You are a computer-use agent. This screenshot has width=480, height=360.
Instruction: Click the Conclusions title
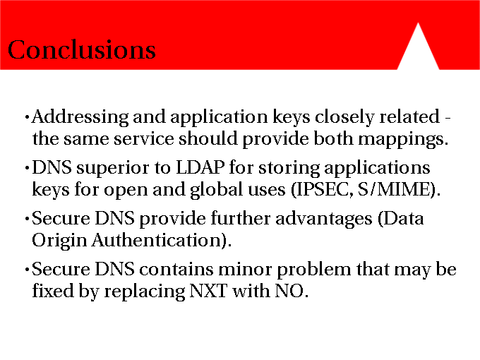pos(82,49)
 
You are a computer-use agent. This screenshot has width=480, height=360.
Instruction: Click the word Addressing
pos(80,118)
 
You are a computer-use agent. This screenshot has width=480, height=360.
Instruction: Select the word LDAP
pos(200,167)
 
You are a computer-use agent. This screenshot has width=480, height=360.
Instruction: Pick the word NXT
pos(208,291)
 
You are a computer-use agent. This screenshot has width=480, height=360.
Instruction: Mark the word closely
pos(344,118)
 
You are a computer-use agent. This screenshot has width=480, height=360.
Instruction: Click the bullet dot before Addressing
pos(28,117)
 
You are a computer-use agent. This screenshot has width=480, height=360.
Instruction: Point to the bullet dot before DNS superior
pos(28,168)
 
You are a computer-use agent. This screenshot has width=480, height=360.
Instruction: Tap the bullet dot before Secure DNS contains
pos(28,270)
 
